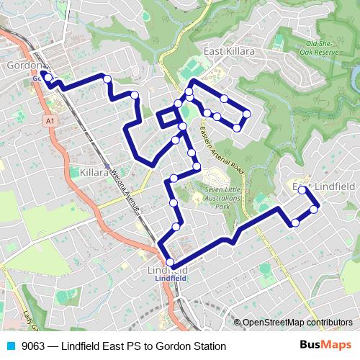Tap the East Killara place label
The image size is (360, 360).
click(229, 52)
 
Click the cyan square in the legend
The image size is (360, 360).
click(11, 346)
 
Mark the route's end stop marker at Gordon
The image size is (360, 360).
click(43, 74)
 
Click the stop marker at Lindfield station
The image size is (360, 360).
click(170, 261)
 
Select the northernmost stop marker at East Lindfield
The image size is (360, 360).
click(302, 190)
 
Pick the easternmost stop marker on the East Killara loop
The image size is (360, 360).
click(246, 113)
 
